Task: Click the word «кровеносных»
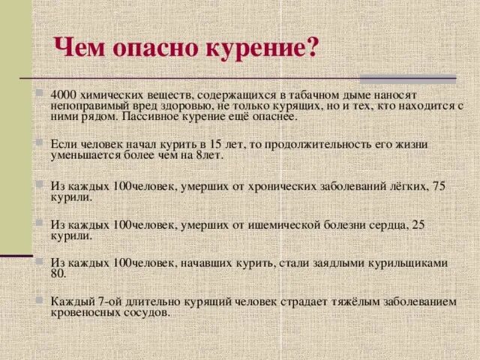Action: (x=86, y=313)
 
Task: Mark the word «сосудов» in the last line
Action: (x=147, y=313)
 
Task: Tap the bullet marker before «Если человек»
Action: (x=38, y=140)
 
